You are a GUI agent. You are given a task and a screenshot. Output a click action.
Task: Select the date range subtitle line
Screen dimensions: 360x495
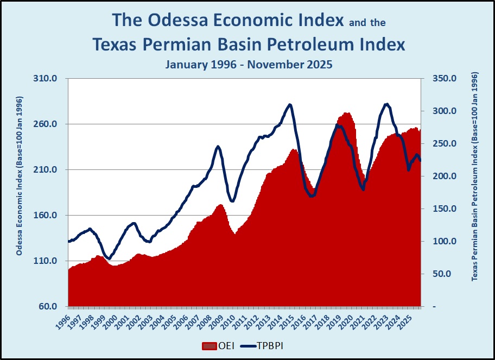coord(249,64)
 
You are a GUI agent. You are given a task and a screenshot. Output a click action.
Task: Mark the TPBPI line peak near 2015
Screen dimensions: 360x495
coord(290,105)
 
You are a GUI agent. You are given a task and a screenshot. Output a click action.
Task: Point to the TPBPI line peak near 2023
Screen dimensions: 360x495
coord(386,104)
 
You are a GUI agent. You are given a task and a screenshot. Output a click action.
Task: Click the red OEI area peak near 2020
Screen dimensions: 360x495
coord(346,113)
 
